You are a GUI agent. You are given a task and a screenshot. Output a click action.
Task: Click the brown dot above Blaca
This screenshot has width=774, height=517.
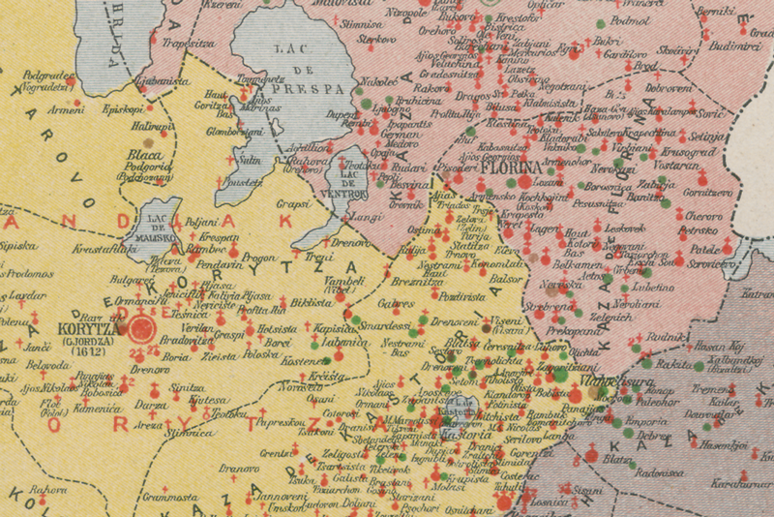pos(148,142)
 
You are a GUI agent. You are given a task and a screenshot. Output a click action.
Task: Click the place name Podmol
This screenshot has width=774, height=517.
pos(631,19)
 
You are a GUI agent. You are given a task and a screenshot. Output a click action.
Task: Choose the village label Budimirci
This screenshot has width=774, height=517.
pos(734,45)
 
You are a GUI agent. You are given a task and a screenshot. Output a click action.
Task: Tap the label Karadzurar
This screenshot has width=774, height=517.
pos(739,483)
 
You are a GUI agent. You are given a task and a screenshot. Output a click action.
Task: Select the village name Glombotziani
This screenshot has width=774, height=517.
pos(229,133)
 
